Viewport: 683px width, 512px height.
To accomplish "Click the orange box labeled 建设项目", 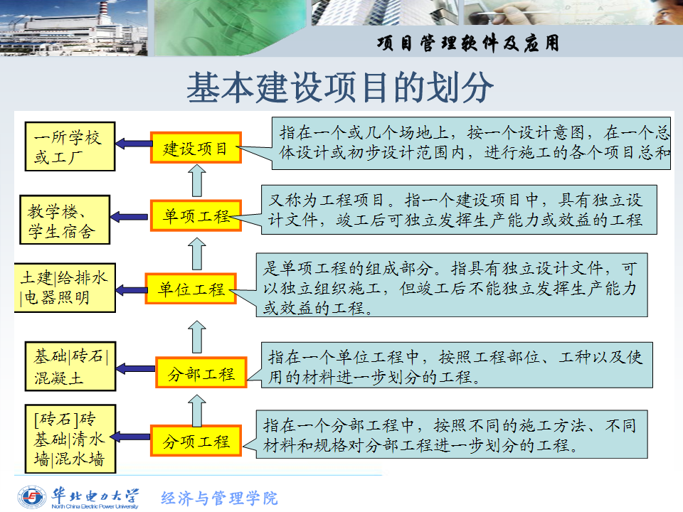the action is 196,148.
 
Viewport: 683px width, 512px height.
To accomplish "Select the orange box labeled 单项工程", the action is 196,215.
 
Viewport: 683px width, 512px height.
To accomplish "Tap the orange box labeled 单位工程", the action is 191,288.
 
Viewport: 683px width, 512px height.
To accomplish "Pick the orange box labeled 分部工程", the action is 201,372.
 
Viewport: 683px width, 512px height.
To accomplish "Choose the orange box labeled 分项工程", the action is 196,441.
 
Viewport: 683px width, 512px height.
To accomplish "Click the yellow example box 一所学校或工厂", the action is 70,146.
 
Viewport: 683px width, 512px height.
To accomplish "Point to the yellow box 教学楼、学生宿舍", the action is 65,220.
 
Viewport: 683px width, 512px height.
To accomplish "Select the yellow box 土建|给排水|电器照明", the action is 65,288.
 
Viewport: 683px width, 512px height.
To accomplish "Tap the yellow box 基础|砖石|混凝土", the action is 70,366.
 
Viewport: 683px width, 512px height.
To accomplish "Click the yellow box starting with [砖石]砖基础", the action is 70,439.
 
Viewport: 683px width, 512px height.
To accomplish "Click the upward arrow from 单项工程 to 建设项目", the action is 197,180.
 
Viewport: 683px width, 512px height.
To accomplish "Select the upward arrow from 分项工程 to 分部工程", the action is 197,410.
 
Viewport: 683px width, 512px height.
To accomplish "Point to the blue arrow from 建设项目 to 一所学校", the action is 133,143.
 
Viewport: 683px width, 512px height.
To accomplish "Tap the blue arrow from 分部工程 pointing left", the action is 136,369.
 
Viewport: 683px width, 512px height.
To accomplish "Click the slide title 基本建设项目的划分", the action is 340,87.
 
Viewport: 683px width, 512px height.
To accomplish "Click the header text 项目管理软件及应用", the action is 468,43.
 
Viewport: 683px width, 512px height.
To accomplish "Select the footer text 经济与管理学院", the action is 219,498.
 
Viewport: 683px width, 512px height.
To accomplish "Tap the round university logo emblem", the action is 31,497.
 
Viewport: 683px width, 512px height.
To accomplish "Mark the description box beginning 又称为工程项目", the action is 459,210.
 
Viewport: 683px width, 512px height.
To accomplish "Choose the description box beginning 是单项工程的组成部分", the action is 452,284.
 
